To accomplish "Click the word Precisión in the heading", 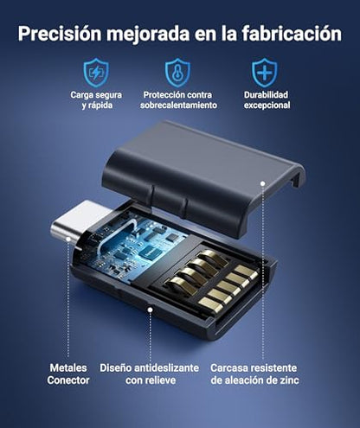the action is click(60, 34).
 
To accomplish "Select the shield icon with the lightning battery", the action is click(96, 73).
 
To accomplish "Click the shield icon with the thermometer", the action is click(177, 73).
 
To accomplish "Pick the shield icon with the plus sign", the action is click(265, 73).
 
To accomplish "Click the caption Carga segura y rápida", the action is click(96, 99).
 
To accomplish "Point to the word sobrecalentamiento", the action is click(178, 105).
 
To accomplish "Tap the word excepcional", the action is click(267, 105).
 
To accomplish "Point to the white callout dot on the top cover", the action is click(262, 183).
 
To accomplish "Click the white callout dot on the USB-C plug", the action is click(68, 239).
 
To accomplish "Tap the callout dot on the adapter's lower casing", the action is click(150, 310).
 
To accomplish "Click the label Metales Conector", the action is click(68, 374).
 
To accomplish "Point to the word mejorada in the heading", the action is click(148, 34).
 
